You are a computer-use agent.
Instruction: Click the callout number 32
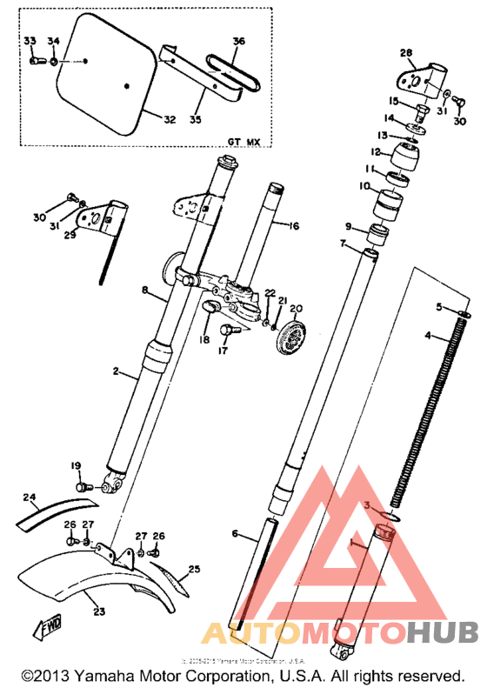(x=169, y=118)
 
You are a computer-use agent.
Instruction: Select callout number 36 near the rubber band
(x=239, y=41)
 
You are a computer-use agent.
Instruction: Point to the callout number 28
(x=405, y=53)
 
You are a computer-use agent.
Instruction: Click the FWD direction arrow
(x=43, y=626)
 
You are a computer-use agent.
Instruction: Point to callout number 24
(x=30, y=498)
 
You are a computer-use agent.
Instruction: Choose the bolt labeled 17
(x=227, y=331)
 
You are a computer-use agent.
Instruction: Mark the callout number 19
(x=76, y=465)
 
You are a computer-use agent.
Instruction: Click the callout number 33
(x=30, y=41)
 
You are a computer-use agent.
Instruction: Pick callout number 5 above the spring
(x=440, y=306)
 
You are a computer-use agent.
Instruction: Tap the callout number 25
(x=194, y=570)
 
